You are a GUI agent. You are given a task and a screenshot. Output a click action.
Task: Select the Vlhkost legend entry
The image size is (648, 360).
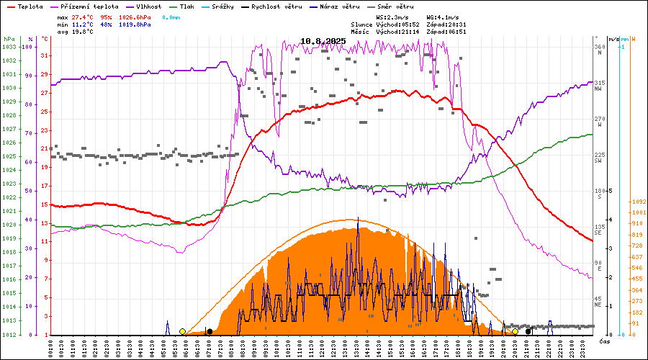pos(149,6)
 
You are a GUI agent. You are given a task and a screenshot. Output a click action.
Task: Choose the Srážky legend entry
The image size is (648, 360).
pos(225,6)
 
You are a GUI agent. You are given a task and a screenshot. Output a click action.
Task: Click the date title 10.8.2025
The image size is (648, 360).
pos(323,41)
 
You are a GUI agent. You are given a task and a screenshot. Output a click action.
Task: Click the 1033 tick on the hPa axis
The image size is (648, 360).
pos(9,47)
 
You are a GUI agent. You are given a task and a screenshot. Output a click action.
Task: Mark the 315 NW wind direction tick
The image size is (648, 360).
pos(598,86)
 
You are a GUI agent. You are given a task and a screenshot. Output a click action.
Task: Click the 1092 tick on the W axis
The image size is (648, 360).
pos(637,202)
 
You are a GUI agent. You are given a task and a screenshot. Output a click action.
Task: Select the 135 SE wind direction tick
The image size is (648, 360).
pos(598,229)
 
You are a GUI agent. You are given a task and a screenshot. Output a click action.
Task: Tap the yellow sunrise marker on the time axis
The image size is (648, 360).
pos(182,331)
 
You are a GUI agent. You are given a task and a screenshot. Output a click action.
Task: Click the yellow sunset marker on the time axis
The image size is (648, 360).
pos(515,331)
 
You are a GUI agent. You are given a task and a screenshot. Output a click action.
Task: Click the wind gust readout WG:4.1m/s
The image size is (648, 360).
pos(442,17)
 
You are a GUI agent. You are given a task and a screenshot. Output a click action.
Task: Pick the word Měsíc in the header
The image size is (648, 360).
pos(360,32)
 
